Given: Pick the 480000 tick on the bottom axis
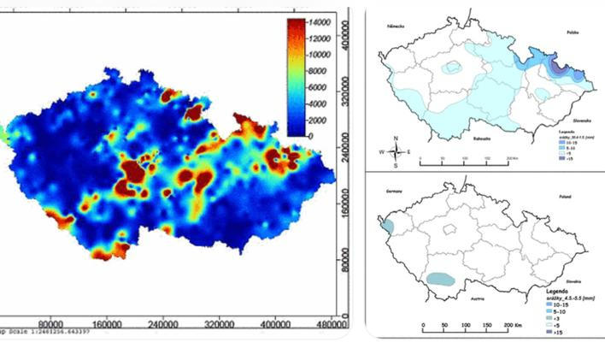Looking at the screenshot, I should [x=330, y=326].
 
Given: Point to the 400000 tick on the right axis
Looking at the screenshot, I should [x=344, y=38].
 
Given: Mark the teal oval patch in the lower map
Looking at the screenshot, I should [x=442, y=278].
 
